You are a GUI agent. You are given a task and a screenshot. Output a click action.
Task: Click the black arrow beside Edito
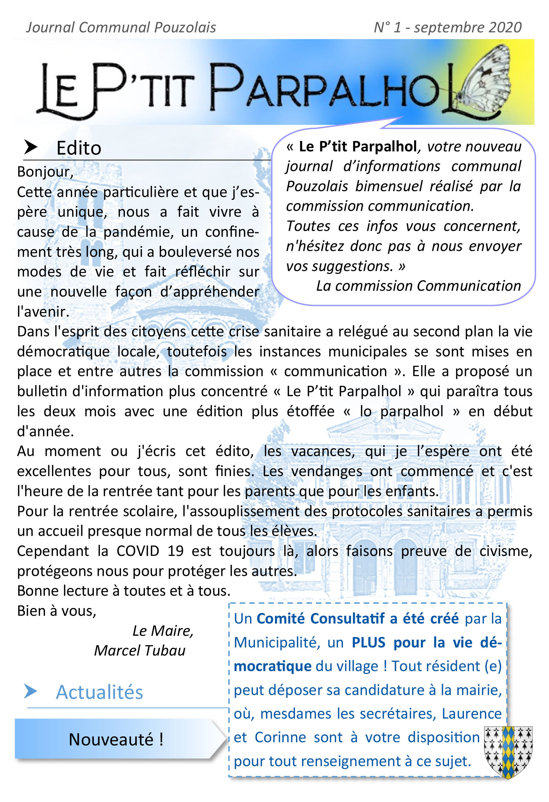coord(31,147)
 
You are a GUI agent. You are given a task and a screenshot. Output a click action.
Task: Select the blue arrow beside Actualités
coord(30,691)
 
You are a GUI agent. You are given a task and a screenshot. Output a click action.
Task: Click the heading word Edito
coord(79,148)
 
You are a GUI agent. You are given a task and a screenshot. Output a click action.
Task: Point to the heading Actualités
coord(99,692)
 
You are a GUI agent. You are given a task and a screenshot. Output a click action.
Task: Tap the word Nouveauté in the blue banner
coord(111,740)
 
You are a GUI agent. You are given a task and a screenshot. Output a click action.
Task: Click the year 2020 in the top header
coord(505,27)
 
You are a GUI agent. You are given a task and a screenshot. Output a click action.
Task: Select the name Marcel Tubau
coord(140,651)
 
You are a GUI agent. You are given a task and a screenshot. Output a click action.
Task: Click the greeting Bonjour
coord(45,172)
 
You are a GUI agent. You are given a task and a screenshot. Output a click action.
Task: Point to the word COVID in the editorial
coord(138,551)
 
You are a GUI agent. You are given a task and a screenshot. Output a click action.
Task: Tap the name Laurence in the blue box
coord(472,714)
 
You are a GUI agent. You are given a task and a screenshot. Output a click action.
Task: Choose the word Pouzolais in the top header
coord(185,27)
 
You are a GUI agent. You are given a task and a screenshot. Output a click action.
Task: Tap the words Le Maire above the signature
coord(162,631)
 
